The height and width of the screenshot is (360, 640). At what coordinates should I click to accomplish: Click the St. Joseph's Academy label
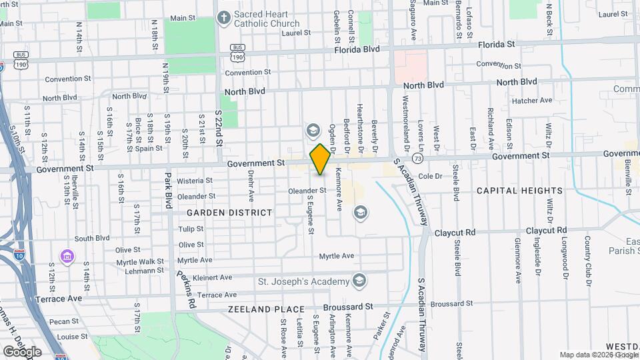click(303, 281)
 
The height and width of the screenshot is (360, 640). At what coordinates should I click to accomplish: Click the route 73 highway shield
click(418, 159)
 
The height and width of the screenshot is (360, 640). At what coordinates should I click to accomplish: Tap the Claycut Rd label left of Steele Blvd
click(455, 233)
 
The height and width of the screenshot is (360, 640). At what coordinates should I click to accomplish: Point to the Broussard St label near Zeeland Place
click(347, 307)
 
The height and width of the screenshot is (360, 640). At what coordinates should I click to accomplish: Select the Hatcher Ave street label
click(533, 101)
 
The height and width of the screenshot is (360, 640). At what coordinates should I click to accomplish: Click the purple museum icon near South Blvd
click(67, 256)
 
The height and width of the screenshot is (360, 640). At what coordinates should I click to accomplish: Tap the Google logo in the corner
click(22, 351)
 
